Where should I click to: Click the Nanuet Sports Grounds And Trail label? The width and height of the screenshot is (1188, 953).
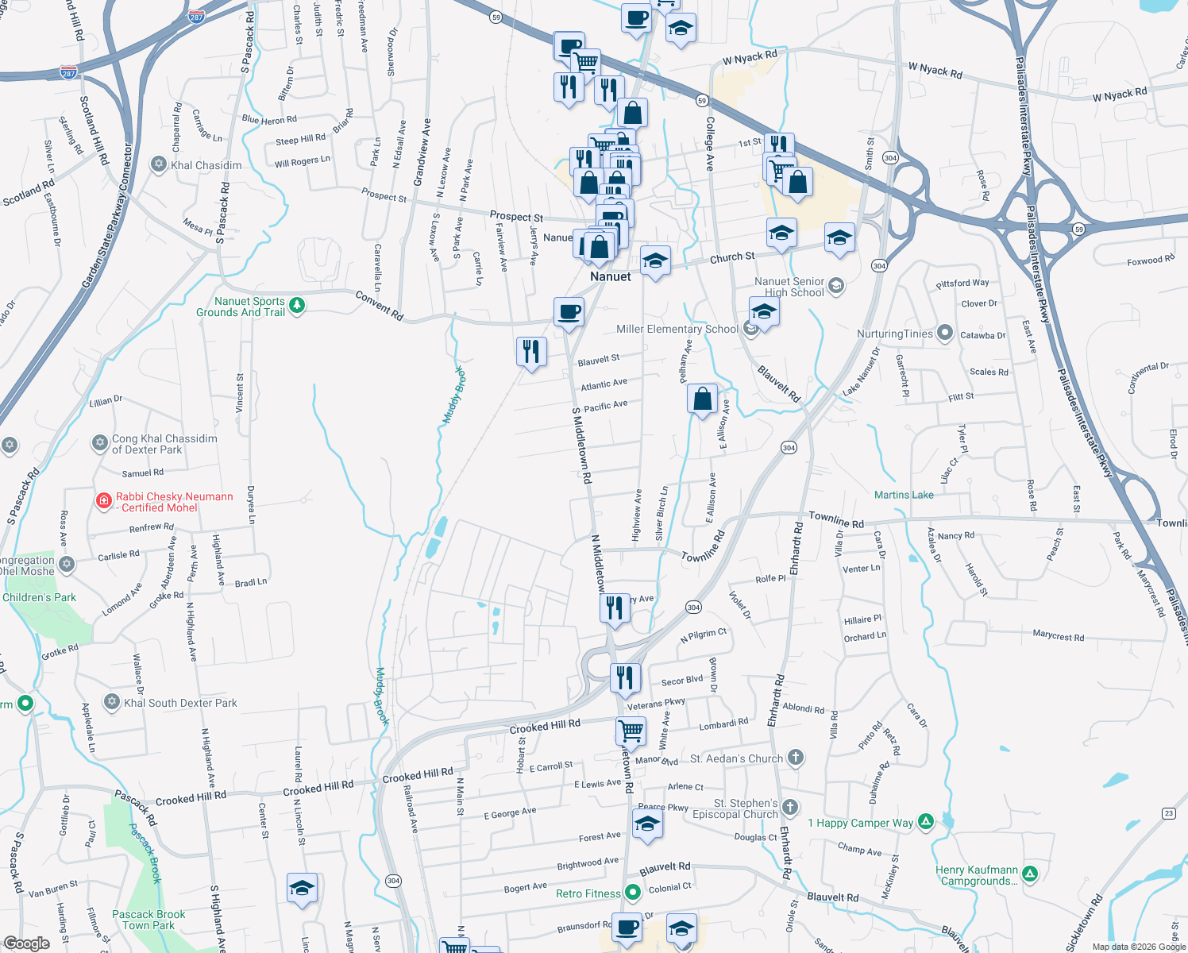pyautogui.click(x=241, y=307)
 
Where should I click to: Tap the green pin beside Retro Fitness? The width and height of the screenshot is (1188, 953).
pyautogui.click(x=633, y=893)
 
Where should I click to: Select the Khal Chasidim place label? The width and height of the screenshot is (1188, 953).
pyautogui.click(x=206, y=165)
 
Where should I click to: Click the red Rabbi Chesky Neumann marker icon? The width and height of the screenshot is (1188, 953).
pyautogui.click(x=103, y=500)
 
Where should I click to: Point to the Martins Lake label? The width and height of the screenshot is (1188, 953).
pyautogui.click(x=904, y=495)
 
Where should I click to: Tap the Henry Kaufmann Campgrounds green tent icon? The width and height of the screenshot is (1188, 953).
pyautogui.click(x=1030, y=874)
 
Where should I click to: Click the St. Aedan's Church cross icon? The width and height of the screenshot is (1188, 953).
pyautogui.click(x=796, y=758)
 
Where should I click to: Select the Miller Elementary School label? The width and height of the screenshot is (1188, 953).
pyautogui.click(x=677, y=329)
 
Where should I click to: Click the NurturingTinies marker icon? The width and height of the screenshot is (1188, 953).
pyautogui.click(x=944, y=333)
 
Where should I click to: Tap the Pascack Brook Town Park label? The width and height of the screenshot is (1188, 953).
pyautogui.click(x=148, y=920)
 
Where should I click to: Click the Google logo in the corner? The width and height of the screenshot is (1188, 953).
pyautogui.click(x=26, y=943)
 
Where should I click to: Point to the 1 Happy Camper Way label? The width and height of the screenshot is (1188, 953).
pyautogui.click(x=860, y=823)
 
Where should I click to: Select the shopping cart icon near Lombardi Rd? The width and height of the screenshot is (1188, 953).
pyautogui.click(x=631, y=729)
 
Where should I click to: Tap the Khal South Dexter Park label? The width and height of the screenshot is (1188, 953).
pyautogui.click(x=180, y=703)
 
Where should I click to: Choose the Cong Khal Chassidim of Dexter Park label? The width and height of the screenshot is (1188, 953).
pyautogui.click(x=164, y=444)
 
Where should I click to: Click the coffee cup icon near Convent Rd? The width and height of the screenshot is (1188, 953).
pyautogui.click(x=569, y=311)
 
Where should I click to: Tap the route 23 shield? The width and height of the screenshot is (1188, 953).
pyautogui.click(x=1168, y=812)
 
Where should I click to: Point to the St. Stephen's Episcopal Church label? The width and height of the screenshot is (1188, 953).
pyautogui.click(x=735, y=808)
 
